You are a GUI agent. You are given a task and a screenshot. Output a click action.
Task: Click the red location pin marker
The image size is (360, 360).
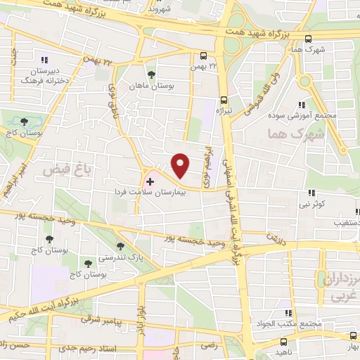[x=180, y=165]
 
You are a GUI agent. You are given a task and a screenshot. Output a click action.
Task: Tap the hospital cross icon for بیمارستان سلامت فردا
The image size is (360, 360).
[x=149, y=181]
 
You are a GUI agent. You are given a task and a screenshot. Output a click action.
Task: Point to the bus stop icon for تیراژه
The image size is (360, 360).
[x=224, y=100]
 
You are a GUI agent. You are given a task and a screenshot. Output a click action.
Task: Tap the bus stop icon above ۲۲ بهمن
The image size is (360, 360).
[x=203, y=56]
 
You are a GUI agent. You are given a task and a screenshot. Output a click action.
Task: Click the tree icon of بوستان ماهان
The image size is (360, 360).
[x=150, y=75]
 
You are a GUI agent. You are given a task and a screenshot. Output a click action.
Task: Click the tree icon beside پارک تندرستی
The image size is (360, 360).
[x=121, y=246]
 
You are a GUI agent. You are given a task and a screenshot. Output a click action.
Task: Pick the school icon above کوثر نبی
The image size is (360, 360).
[x=310, y=193]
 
